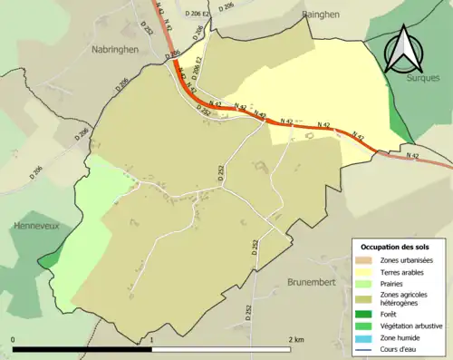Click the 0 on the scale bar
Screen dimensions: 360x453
[x=14, y=339]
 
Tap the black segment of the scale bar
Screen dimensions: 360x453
[x=82, y=349]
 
